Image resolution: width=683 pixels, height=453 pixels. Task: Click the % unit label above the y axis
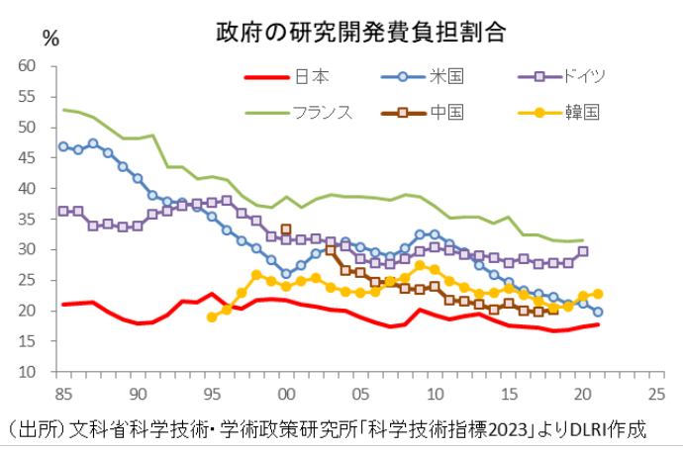(51, 40)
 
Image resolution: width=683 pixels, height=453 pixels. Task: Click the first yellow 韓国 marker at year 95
(212, 317)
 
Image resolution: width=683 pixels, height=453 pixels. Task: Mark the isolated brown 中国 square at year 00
(286, 229)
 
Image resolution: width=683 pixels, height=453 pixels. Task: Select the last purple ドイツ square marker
(583, 251)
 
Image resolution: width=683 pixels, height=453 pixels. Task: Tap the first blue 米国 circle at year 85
(63, 146)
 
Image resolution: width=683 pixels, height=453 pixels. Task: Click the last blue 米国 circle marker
(598, 312)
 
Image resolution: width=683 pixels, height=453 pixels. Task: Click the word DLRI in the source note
(566, 431)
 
